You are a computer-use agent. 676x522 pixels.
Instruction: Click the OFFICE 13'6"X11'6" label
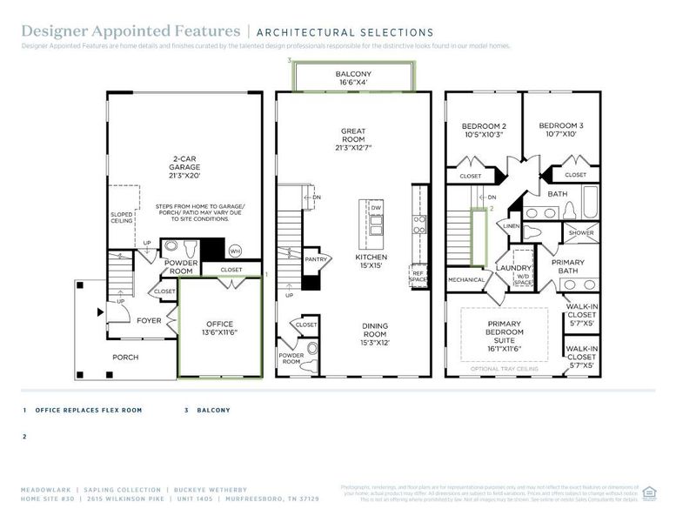coord(220,329)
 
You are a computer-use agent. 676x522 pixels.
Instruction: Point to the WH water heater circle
coord(234,251)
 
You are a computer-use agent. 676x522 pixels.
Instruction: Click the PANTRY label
coord(316,258)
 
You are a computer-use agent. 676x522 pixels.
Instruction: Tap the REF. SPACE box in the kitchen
coord(418,277)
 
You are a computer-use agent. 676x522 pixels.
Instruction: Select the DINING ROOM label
coord(376,334)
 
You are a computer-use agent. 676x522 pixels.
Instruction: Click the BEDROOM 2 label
coord(484,130)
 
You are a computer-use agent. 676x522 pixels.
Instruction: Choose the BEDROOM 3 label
coord(561,130)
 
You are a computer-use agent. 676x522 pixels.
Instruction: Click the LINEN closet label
coord(510,227)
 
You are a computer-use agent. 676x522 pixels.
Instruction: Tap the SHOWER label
coord(580,233)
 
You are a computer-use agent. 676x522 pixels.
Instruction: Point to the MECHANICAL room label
coord(465,280)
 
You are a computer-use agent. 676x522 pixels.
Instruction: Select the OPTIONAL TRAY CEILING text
coord(505,369)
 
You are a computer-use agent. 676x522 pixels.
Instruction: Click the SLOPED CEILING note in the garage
coord(121,217)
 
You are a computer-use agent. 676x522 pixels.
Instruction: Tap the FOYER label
coord(149,320)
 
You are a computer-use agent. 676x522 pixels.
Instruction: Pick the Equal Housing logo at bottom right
coord(648,492)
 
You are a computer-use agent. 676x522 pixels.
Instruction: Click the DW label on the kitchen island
coord(376,209)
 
